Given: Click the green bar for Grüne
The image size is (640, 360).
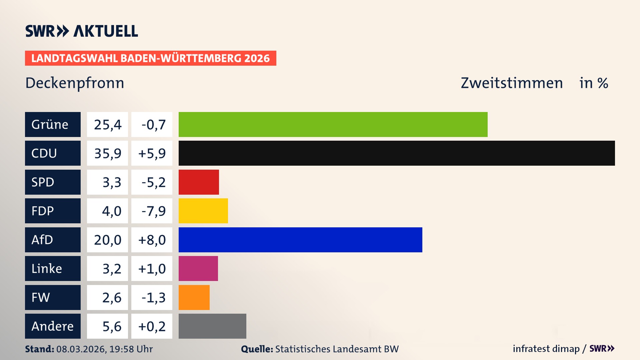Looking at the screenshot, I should coord(333,124).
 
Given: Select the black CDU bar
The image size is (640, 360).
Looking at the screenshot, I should coord(397,153).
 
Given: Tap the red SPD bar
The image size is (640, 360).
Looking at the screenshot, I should coord(199,182).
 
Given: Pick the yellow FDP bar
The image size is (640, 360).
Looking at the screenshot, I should coord(203,211).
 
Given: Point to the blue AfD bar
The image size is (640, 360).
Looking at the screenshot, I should coord(300,240).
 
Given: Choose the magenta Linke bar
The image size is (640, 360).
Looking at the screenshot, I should coord(198,268).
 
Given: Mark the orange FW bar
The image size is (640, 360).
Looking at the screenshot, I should coord(194,297).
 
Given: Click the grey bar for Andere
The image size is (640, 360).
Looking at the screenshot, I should coord(212,326).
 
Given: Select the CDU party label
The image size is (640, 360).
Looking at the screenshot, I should coord(53,153).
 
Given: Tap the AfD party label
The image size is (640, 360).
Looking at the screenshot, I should coord(53,240).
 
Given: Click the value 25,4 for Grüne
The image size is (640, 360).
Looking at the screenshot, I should coord(107,124).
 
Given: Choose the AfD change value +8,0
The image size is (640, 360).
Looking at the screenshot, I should coord(152,240).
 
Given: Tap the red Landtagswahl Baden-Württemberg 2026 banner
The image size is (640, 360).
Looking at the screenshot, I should coord(150,58).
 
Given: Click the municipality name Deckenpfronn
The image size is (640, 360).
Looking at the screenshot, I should coord(75,83).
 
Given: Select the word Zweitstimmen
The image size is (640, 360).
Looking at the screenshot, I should coord(512,83).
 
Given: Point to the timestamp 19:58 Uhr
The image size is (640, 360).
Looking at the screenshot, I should coord(131,349).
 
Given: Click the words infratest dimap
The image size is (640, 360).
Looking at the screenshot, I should coord(546,349).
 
